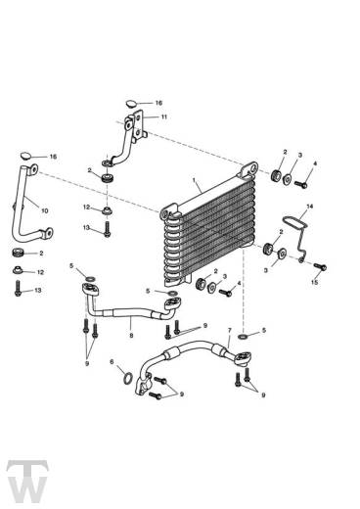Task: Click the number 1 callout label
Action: [x=194, y=180]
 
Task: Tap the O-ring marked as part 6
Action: [x=128, y=378]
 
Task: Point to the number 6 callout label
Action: [x=112, y=361]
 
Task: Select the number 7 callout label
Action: [x=230, y=331]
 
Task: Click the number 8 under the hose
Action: [x=131, y=335]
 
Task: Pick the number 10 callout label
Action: [x=45, y=210]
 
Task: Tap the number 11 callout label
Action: [x=163, y=116]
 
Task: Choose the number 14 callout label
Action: [x=309, y=207]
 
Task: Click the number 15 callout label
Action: [x=314, y=282]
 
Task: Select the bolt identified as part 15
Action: [x=320, y=266]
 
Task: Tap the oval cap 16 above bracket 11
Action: [x=131, y=104]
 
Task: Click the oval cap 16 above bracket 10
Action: [x=25, y=156]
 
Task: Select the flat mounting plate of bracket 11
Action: [x=139, y=125]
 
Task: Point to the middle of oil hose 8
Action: [x=131, y=312]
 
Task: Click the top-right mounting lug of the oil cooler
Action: [x=250, y=168]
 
